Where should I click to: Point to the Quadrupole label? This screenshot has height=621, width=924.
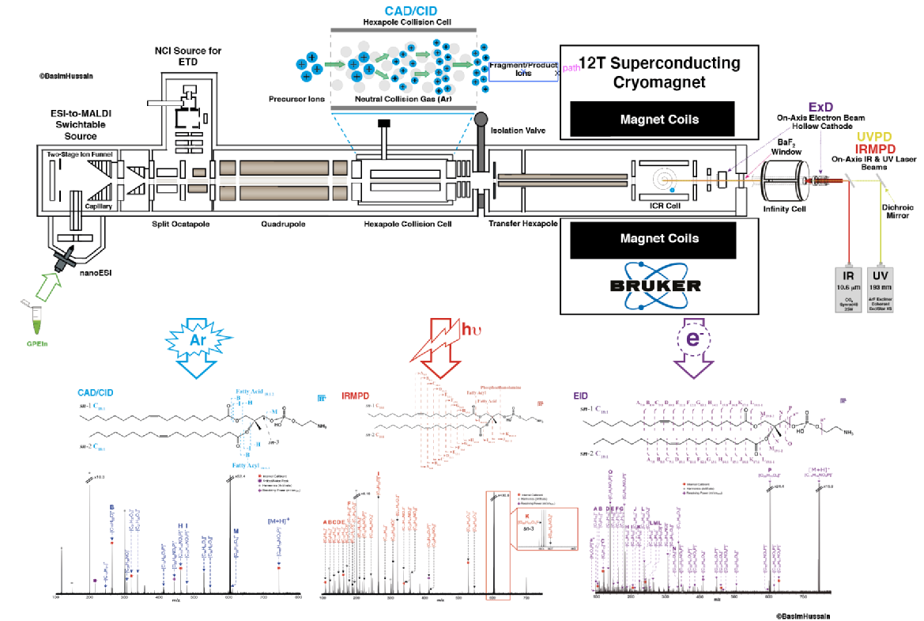(282, 224)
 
